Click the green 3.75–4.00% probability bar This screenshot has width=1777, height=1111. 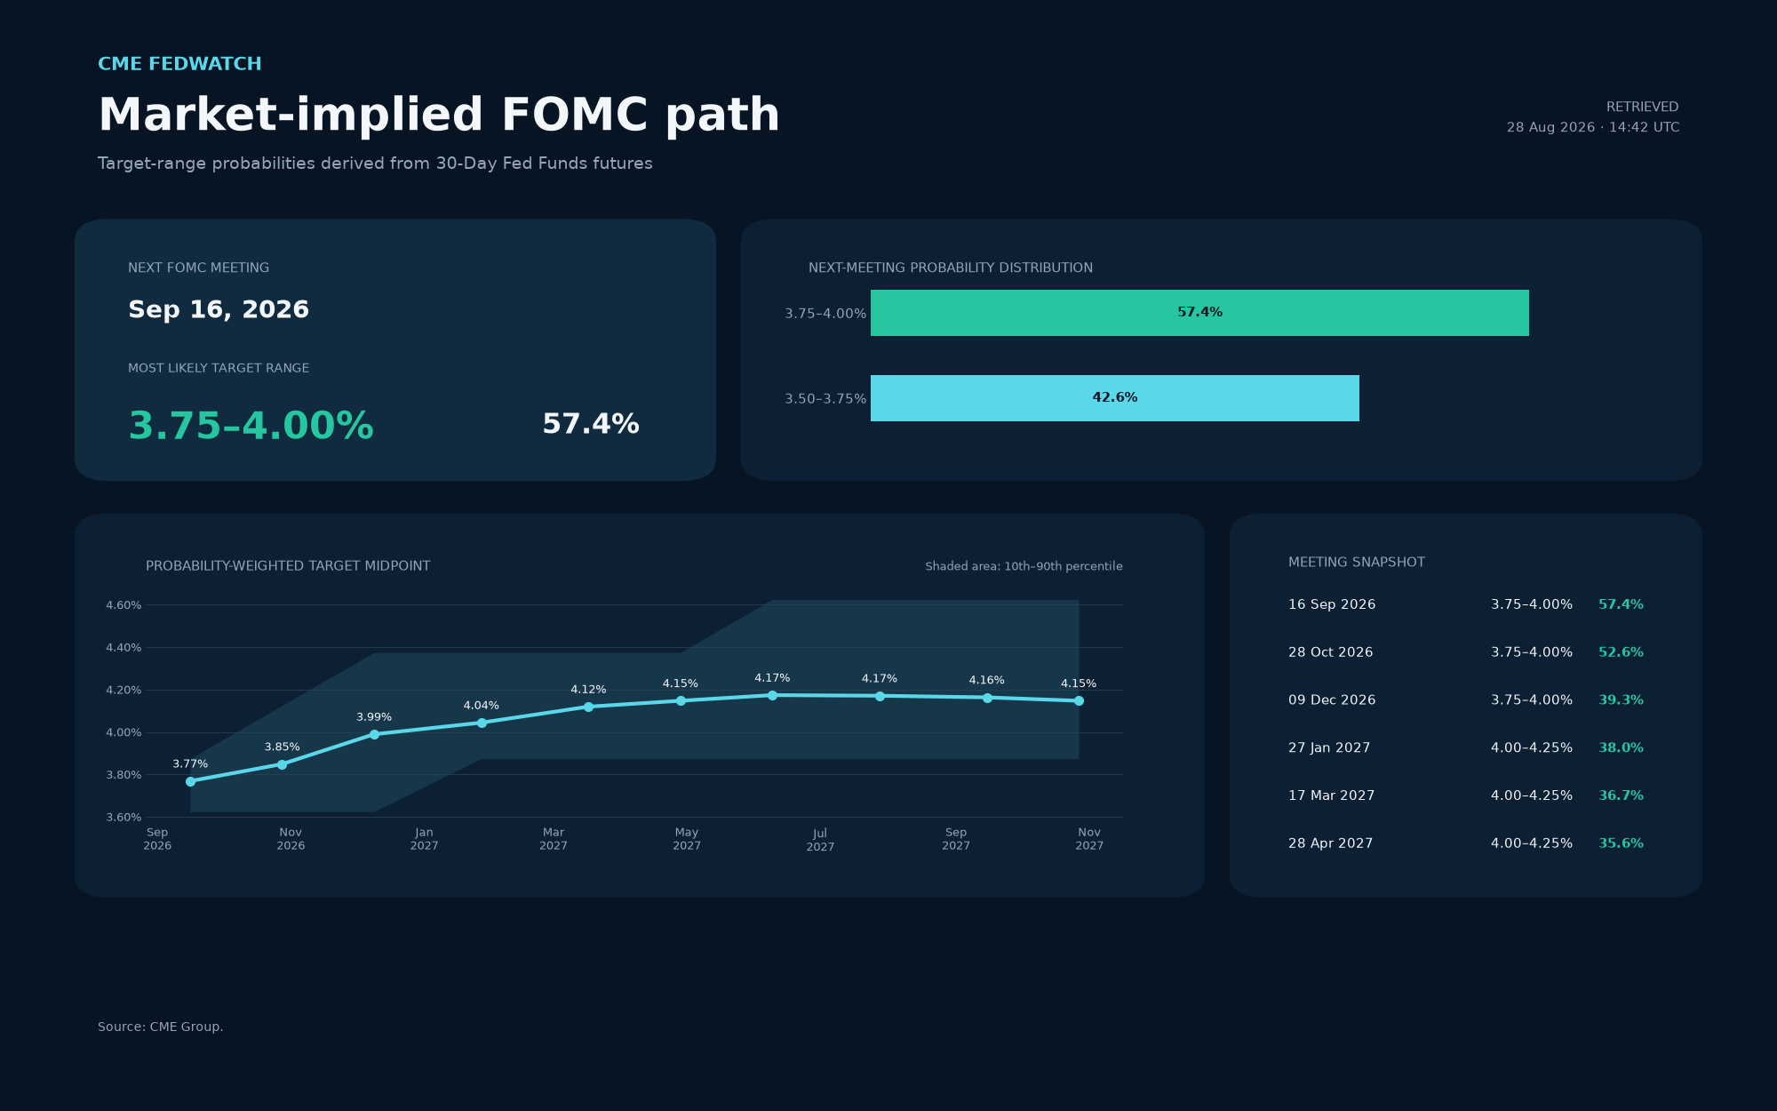point(1199,313)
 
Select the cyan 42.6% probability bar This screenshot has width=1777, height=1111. point(1115,398)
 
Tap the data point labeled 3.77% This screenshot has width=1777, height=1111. point(190,781)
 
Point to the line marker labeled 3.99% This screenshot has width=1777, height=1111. point(374,734)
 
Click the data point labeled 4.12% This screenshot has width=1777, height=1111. point(588,707)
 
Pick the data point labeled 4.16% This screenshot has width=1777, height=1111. point(987,698)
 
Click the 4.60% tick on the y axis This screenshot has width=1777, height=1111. point(124,605)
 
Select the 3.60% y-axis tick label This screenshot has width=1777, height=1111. point(124,818)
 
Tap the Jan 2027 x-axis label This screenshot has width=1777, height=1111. point(425,839)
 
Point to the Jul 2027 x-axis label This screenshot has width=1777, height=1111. point(820,840)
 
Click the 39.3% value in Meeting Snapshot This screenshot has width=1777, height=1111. point(1621,700)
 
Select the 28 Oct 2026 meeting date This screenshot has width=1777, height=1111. point(1330,652)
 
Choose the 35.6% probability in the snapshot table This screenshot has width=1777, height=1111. point(1621,843)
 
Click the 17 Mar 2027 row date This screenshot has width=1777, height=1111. point(1331,795)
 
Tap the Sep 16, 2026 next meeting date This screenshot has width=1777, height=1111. point(219,310)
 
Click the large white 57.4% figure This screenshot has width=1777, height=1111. point(591,424)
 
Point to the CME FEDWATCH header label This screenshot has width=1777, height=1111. point(179,64)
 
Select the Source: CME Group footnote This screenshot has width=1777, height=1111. point(161,1027)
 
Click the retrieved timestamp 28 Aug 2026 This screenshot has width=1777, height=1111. point(1550,127)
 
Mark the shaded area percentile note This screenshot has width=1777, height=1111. point(1024,566)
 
